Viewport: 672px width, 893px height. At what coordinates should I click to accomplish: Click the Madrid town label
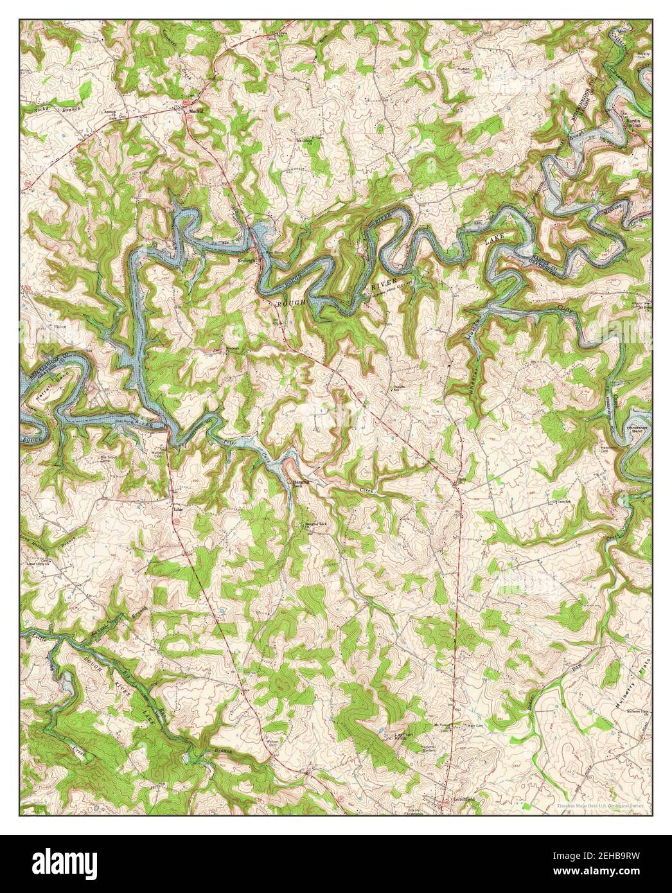(x=196, y=111)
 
